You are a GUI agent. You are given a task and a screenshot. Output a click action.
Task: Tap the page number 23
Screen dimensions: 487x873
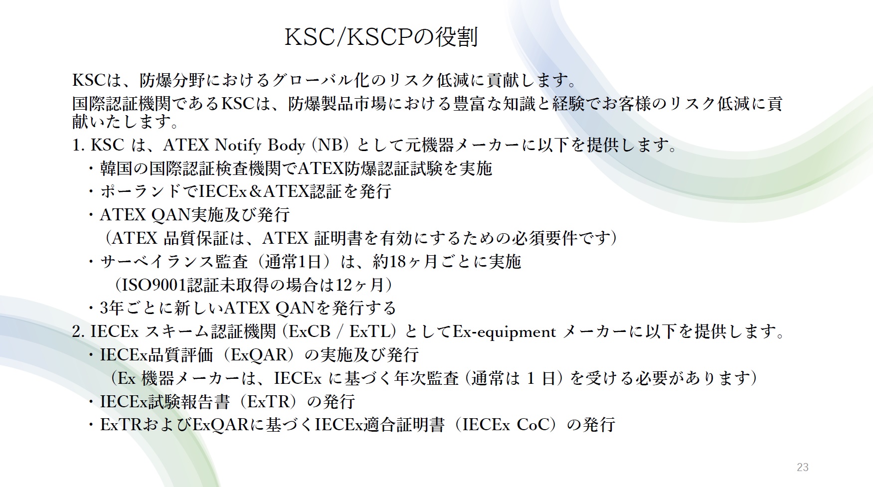coord(802,467)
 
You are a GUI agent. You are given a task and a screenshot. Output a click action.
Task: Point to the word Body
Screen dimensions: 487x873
coord(286,145)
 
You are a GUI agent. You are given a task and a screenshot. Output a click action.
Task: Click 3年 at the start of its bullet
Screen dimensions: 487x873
coord(111,308)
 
